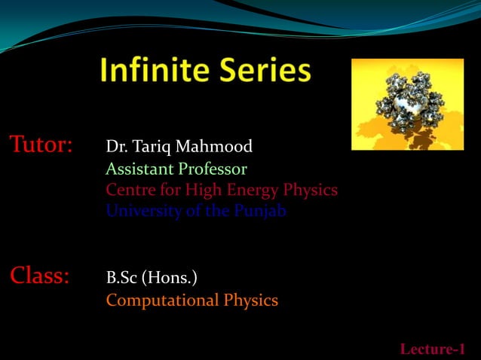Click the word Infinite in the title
click(x=155, y=72)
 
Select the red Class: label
click(x=39, y=276)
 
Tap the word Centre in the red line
click(x=129, y=190)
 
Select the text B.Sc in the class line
click(x=121, y=279)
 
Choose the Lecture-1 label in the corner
click(x=432, y=349)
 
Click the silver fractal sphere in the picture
click(x=408, y=104)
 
